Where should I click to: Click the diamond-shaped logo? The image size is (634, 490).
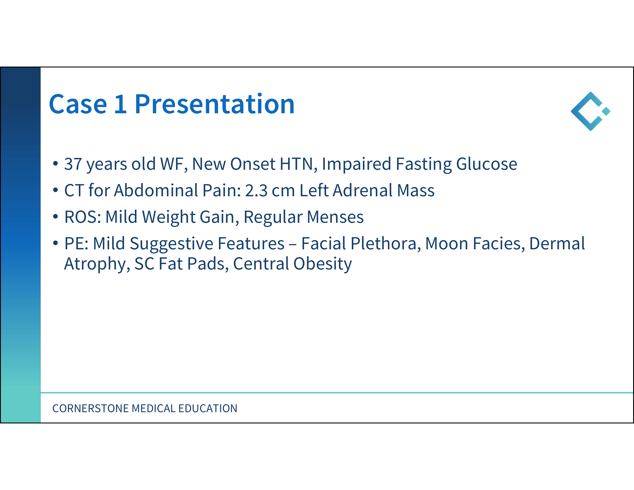click(x=590, y=111)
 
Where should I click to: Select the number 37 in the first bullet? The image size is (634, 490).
click(x=73, y=164)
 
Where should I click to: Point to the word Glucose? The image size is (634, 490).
click(x=486, y=164)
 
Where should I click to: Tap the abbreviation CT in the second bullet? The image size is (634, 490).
click(x=74, y=191)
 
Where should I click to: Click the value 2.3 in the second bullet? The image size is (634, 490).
click(x=256, y=191)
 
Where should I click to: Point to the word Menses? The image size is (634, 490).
click(x=335, y=217)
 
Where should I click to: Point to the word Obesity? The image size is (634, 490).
click(x=322, y=264)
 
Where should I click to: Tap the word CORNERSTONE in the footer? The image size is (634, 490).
click(x=90, y=408)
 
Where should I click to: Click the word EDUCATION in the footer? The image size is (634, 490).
click(x=208, y=408)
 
